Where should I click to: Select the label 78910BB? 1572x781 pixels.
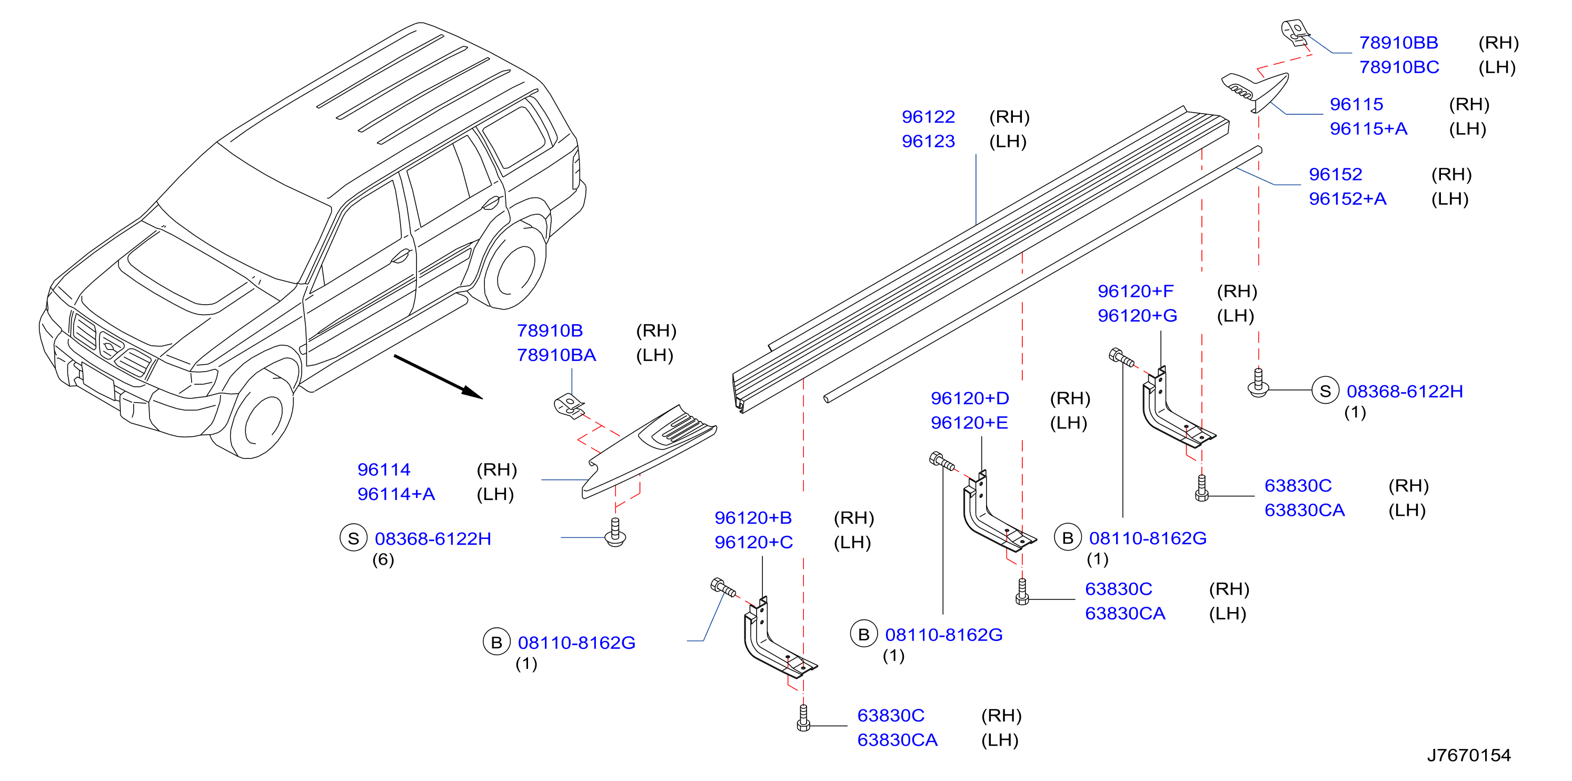1399,43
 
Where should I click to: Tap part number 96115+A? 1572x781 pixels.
1369,129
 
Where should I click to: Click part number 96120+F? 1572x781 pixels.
1136,291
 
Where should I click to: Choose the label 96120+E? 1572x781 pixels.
969,423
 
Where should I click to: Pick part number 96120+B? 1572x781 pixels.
753,518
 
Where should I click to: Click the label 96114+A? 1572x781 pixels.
396,494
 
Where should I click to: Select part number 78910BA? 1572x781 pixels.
556,355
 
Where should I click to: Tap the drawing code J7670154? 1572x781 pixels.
1469,755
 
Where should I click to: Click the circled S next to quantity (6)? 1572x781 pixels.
353,538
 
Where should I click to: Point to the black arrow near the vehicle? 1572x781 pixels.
438,377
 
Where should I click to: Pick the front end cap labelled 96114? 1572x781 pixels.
648,452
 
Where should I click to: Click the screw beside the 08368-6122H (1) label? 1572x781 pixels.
1258,383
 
